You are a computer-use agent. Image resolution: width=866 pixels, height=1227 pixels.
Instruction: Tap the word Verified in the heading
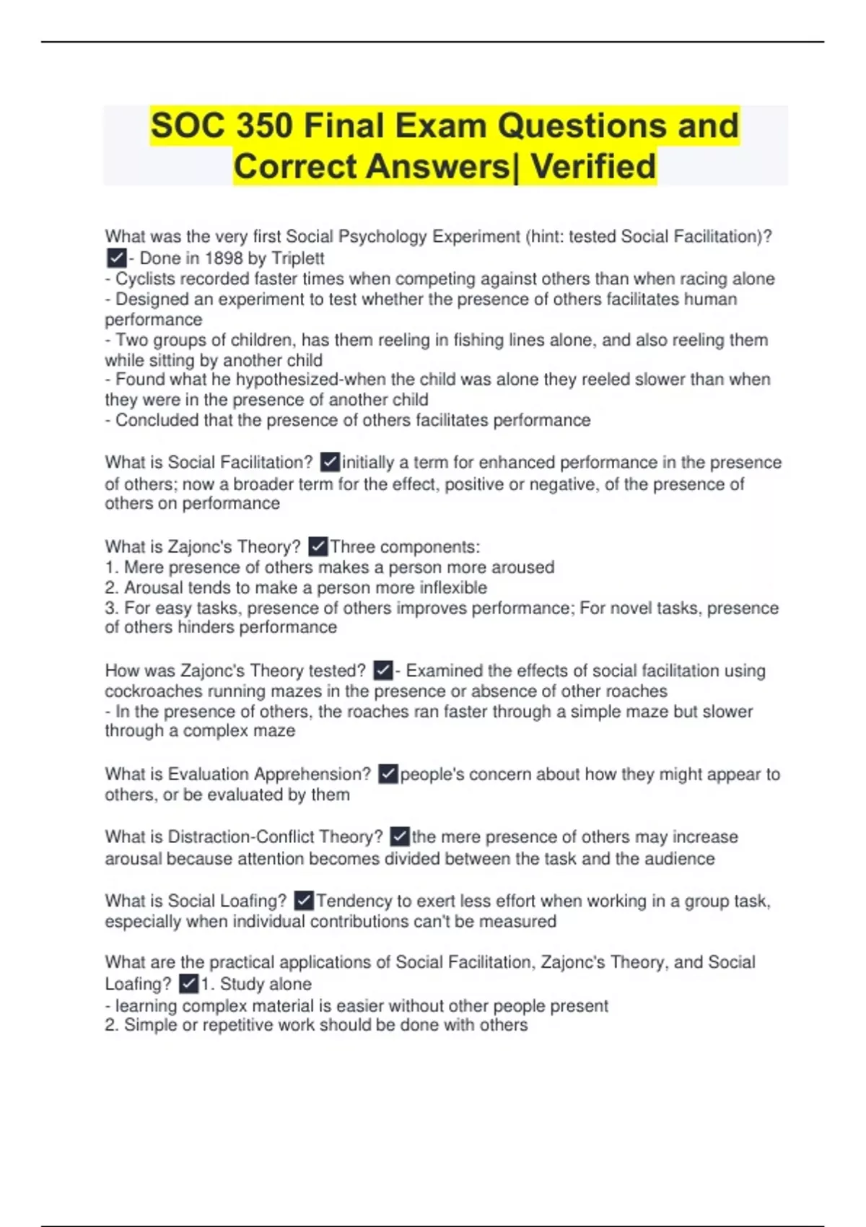[593, 167]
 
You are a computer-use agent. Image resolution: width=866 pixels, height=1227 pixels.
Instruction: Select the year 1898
[224, 258]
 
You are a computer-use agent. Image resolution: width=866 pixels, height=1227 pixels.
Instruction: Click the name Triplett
[297, 258]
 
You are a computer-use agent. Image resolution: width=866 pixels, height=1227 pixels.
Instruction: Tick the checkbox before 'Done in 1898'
[115, 258]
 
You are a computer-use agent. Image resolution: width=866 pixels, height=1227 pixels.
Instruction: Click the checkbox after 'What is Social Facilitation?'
[330, 462]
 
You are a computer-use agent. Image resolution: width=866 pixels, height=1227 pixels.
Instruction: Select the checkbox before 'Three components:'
[318, 546]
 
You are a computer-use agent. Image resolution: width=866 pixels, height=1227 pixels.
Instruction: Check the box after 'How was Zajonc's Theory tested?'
[383, 671]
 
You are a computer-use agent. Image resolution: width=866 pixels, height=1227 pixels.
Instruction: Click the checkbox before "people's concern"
[388, 774]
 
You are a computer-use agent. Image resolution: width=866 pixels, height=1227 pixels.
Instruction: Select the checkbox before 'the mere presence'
[400, 837]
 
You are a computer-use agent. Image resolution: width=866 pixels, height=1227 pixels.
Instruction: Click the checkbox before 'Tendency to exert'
[304, 901]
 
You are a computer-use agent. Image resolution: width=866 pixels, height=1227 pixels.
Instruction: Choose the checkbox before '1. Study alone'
[188, 984]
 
